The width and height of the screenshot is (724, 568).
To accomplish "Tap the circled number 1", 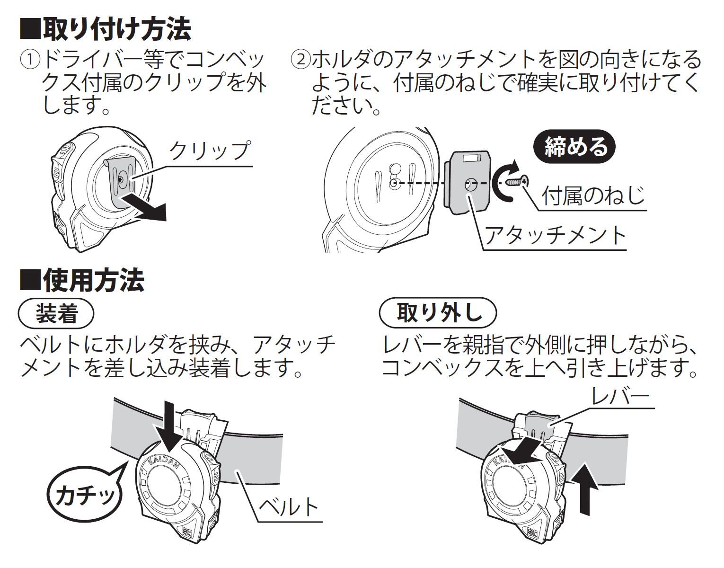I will (30, 60).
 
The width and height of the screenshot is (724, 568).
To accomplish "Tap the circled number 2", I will (300, 60).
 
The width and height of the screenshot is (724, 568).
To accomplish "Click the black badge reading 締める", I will (574, 147).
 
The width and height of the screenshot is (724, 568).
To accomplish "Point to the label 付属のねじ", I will (593, 195).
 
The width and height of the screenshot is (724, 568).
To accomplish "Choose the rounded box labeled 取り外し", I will (438, 313).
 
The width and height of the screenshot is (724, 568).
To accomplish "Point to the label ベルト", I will (289, 507).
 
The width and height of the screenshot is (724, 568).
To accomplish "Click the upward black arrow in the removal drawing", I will (585, 490).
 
